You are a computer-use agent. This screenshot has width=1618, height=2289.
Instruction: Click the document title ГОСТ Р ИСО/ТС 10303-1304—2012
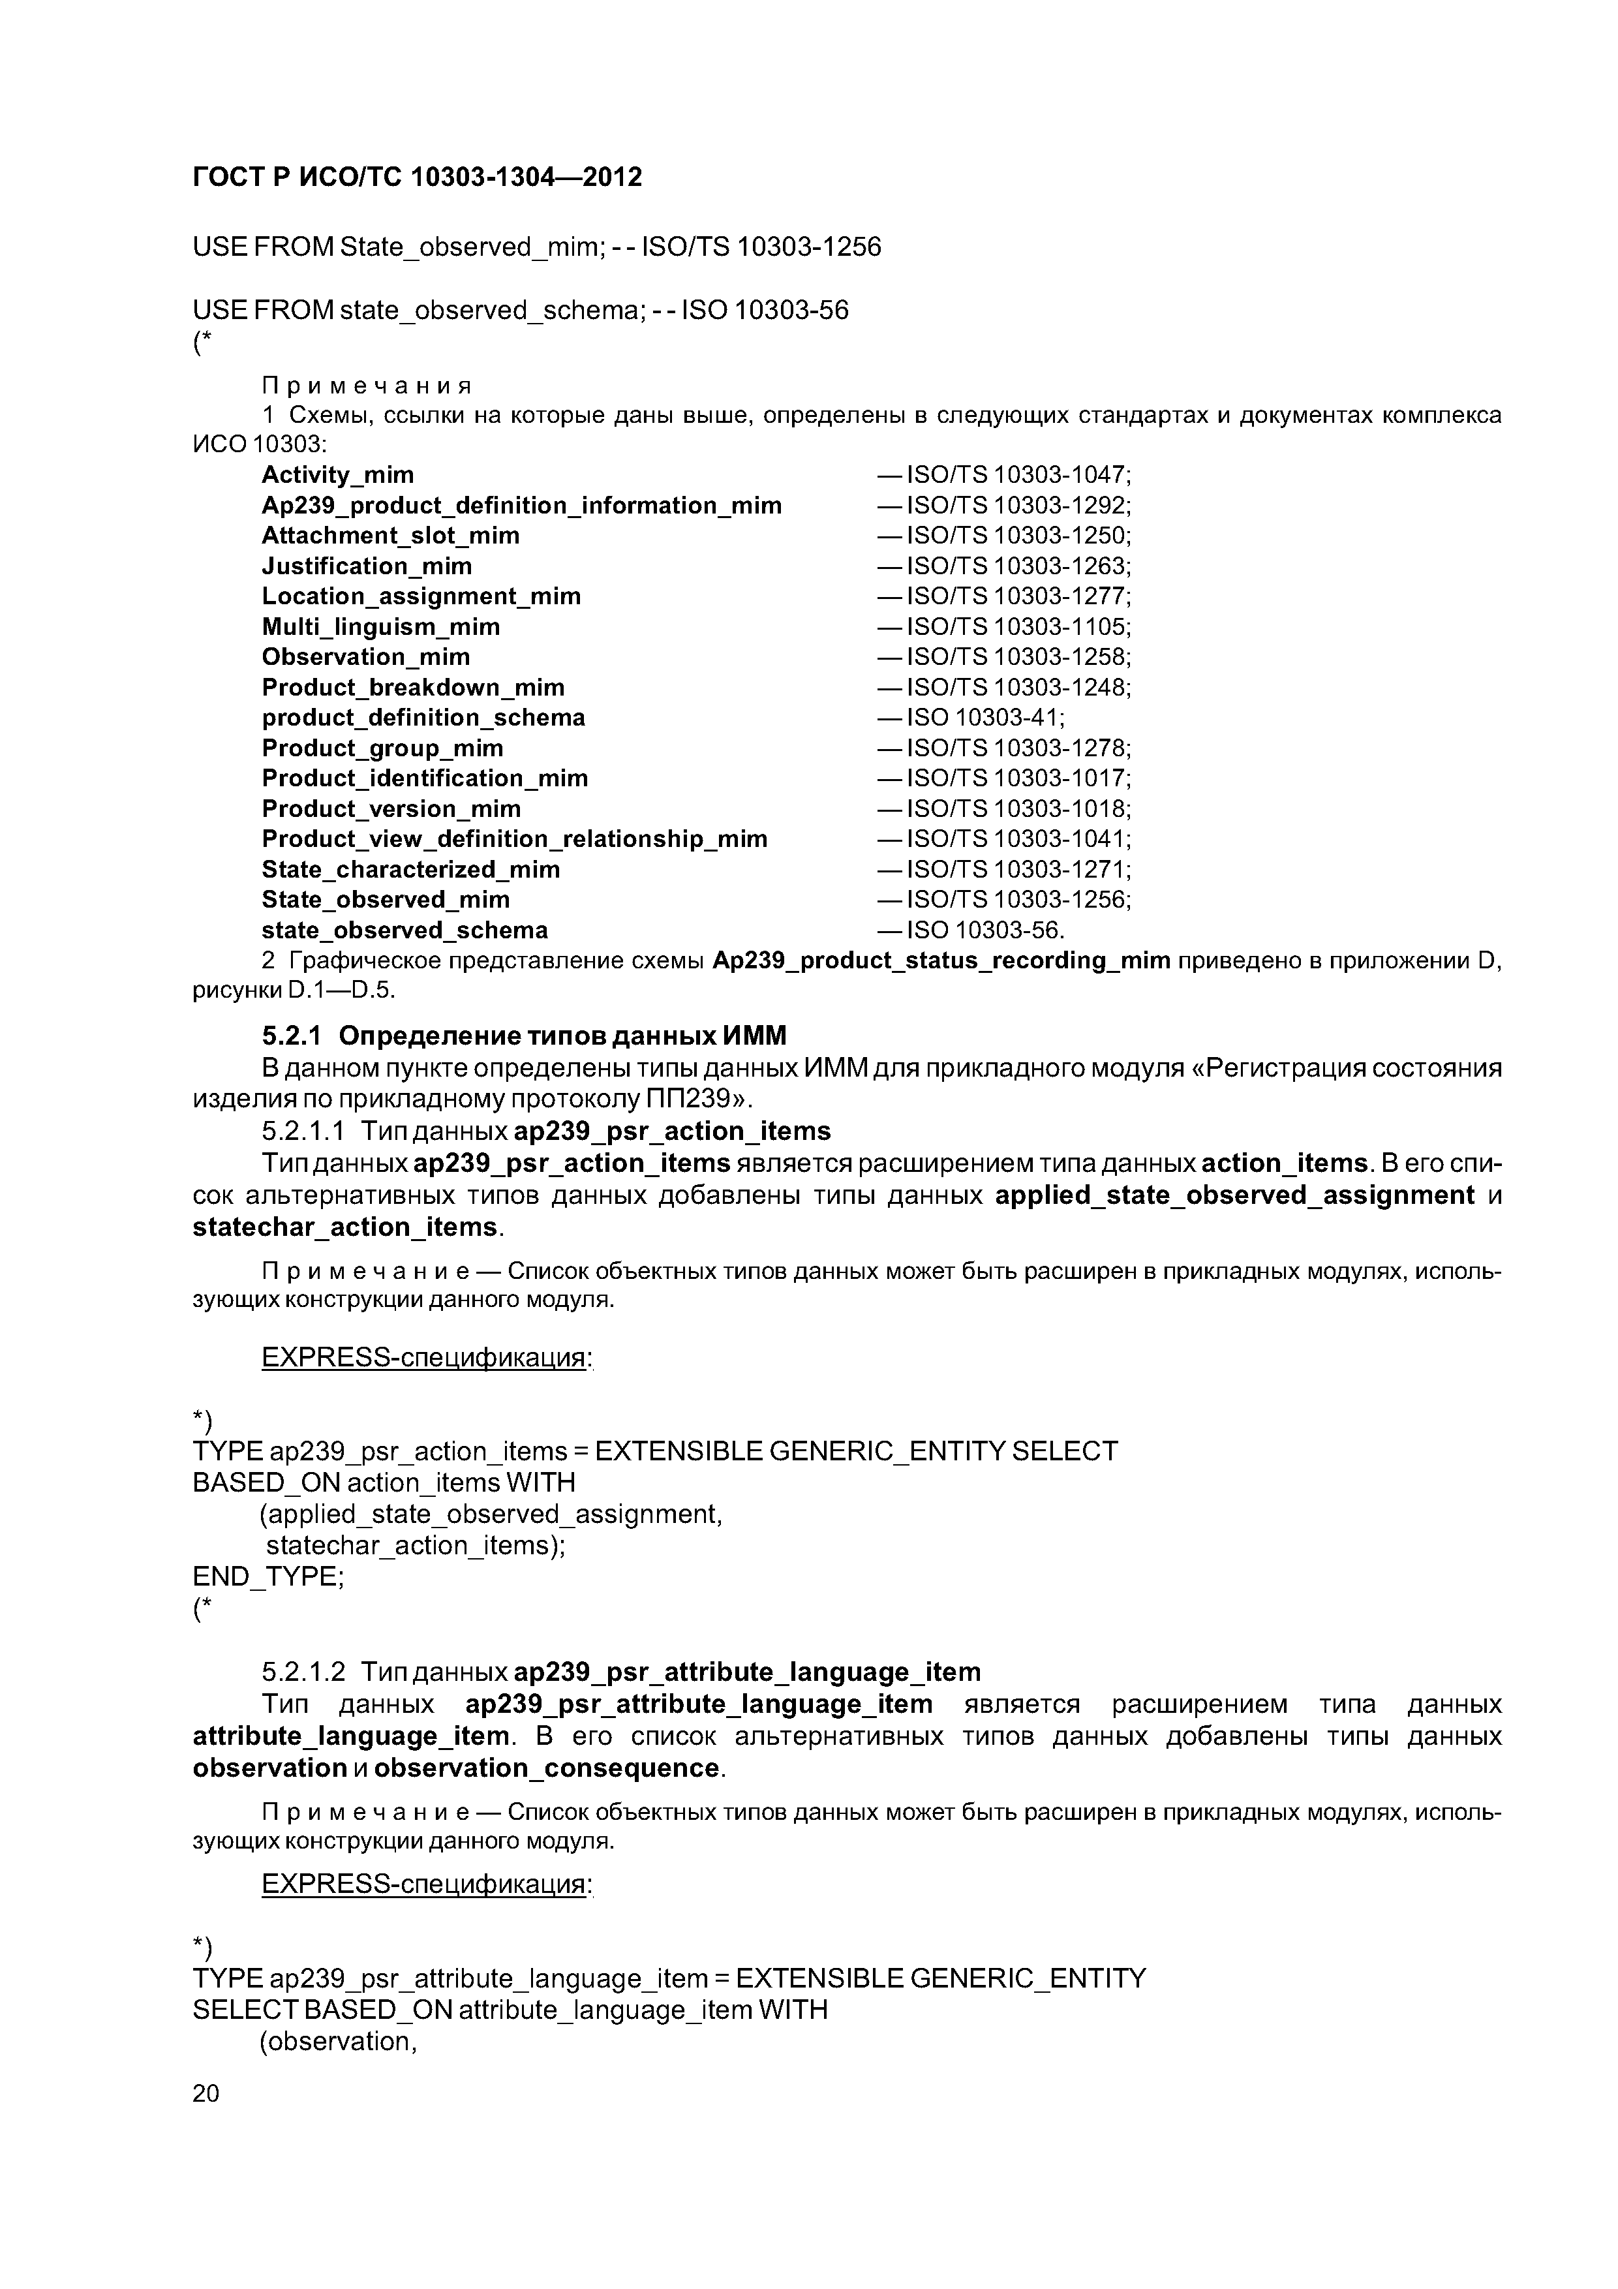click(417, 177)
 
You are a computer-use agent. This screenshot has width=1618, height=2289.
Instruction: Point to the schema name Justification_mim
click(366, 566)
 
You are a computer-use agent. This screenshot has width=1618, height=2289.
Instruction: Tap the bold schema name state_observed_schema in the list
click(404, 930)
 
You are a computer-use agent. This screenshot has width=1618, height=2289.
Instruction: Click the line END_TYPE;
click(268, 1576)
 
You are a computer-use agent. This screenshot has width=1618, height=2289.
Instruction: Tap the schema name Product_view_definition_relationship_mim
click(513, 839)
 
